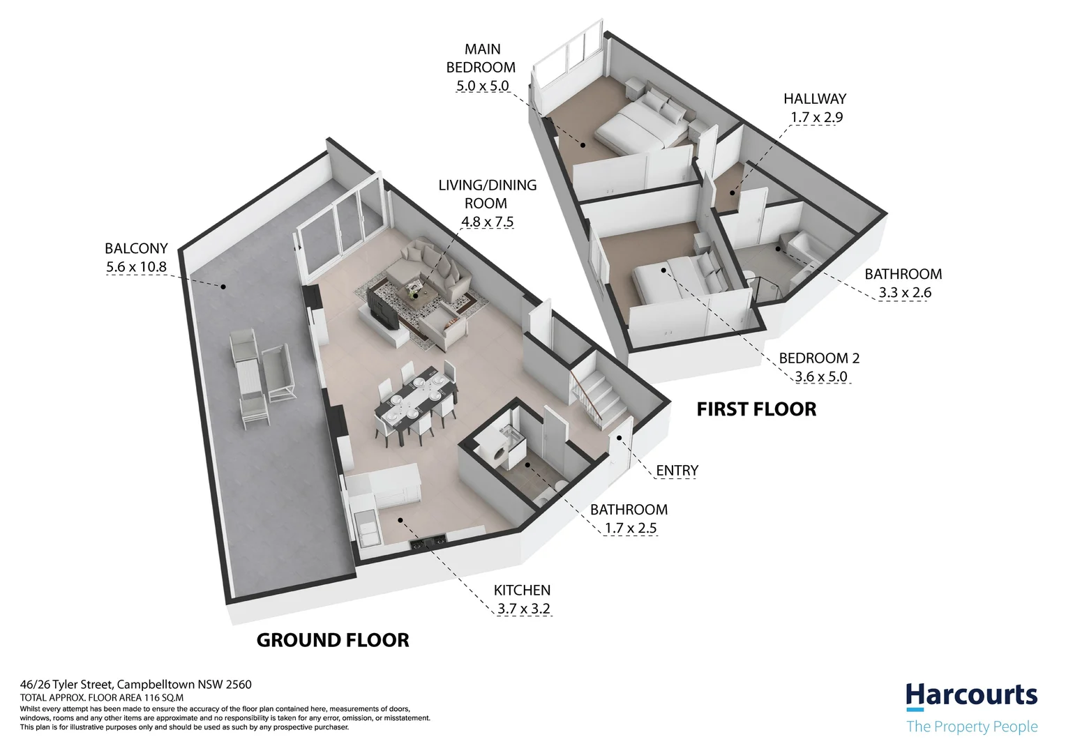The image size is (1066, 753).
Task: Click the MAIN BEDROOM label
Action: click(x=481, y=59)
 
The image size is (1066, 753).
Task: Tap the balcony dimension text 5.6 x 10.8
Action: click(x=136, y=266)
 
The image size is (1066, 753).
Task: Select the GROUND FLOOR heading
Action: click(x=333, y=640)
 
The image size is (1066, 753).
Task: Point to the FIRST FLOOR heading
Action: click(x=756, y=409)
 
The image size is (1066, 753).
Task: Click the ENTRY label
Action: click(x=677, y=471)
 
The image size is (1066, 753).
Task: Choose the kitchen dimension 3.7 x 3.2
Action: click(x=523, y=609)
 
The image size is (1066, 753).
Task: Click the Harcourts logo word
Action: click(x=971, y=696)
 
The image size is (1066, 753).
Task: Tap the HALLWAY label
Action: click(x=814, y=99)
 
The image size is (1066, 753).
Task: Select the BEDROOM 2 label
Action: click(x=819, y=358)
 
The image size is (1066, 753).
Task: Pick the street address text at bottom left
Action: click(x=135, y=685)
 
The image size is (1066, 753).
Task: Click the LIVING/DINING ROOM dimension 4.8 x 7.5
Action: click(x=487, y=222)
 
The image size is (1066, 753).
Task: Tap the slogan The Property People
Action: click(x=971, y=727)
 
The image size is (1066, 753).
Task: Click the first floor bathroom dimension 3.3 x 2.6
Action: click(x=905, y=293)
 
